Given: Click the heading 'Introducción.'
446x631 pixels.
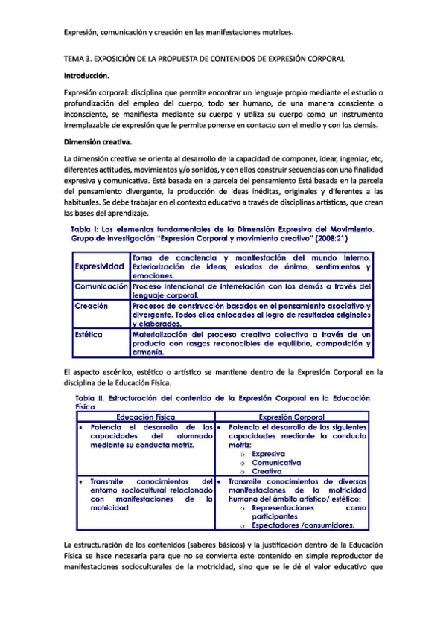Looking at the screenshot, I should (87, 76).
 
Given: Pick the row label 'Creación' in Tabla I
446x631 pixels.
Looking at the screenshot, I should (92, 306).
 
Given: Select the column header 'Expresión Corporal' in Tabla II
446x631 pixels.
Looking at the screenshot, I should (292, 418).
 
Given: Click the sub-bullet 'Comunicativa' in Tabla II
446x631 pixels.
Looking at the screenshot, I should (275, 462).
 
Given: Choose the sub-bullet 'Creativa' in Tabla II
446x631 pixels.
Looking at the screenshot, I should (266, 471).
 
